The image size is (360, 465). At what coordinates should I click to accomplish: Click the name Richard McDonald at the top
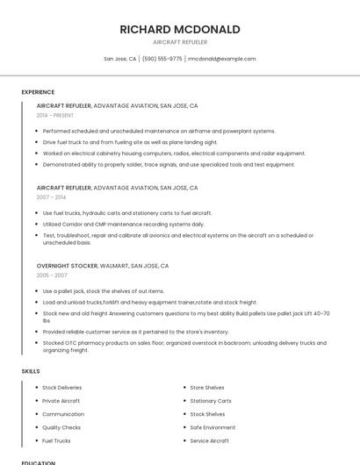180,29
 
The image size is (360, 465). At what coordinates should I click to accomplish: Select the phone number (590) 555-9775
162,59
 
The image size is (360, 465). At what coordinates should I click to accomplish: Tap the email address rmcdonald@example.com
222,59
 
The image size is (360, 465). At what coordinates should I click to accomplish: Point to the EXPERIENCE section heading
38,92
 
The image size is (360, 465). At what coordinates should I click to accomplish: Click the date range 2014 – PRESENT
55,115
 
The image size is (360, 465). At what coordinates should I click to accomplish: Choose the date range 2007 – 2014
51,197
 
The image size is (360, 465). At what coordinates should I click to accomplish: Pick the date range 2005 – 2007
52,275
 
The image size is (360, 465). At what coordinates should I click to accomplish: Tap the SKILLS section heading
31,371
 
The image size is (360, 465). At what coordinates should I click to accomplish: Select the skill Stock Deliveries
61,387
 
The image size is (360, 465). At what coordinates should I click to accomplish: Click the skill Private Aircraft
61,400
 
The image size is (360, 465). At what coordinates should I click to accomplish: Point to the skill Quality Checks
61,427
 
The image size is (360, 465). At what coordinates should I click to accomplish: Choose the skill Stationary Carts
211,400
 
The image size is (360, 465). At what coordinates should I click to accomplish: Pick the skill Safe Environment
212,427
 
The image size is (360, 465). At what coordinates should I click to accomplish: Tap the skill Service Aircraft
210,440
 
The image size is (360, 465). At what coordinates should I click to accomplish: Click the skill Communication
63,414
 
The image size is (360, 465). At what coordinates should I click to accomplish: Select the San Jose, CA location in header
120,59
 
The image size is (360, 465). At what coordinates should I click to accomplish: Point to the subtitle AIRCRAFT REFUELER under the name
180,42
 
